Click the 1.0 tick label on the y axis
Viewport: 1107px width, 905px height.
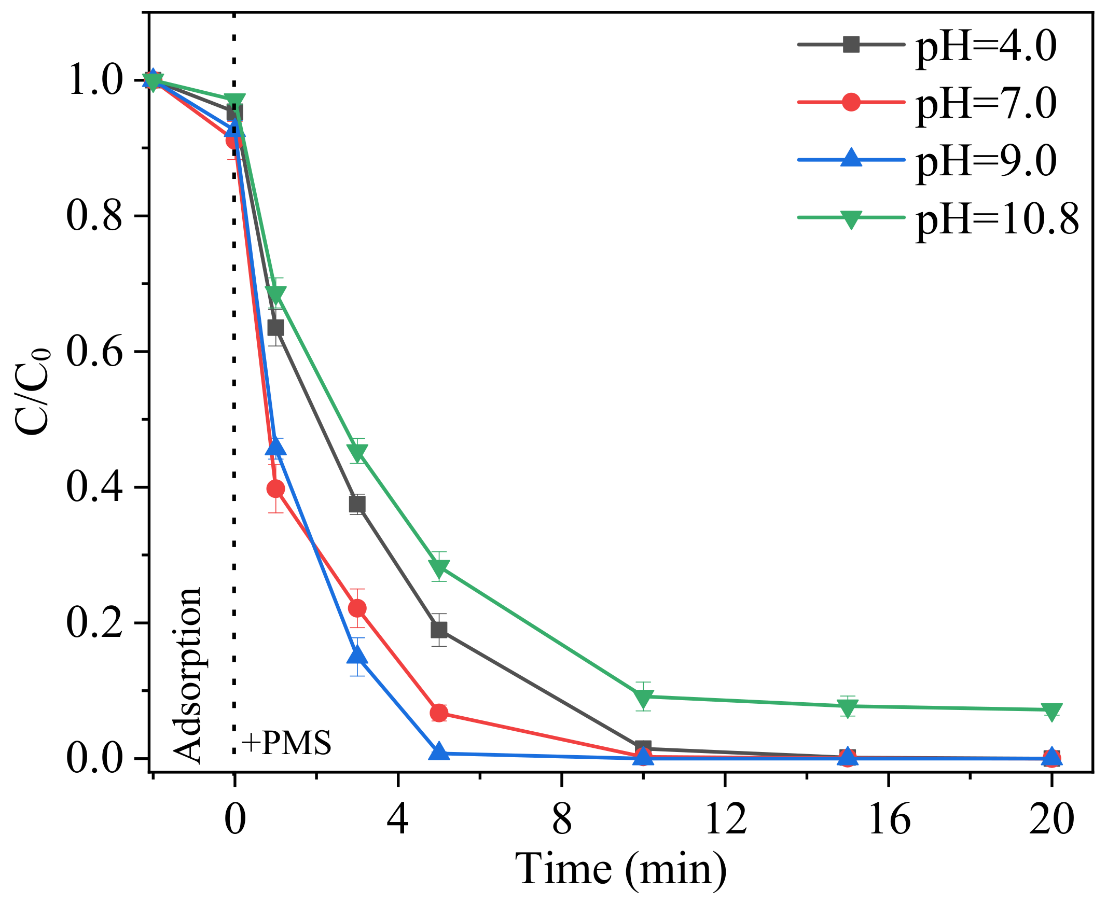click(94, 80)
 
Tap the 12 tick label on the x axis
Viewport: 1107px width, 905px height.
click(725, 819)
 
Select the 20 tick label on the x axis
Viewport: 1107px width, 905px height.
click(1051, 819)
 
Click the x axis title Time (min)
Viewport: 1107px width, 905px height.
click(620, 869)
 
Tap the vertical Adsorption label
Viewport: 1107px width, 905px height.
click(186, 676)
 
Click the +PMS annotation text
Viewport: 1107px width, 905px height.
click(286, 743)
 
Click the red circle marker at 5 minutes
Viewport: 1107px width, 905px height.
click(439, 713)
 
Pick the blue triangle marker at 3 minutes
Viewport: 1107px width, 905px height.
click(357, 656)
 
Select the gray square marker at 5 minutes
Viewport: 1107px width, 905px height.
click(439, 630)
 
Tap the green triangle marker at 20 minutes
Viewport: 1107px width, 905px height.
click(1051, 711)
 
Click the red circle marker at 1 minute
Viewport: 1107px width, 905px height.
click(275, 489)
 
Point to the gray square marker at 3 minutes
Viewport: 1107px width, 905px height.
click(357, 505)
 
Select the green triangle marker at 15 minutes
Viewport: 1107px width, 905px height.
click(848, 707)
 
